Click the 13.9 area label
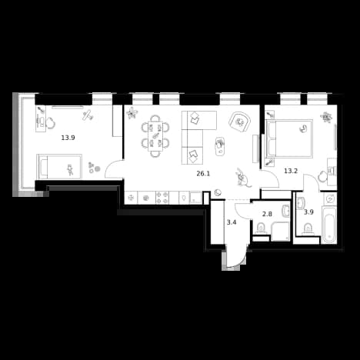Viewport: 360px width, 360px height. (x=68, y=138)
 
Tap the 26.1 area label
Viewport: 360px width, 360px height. (x=203, y=174)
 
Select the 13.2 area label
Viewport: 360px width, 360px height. (x=291, y=171)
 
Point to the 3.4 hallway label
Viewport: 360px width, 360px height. (x=232, y=222)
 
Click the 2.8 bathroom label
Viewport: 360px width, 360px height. (x=267, y=214)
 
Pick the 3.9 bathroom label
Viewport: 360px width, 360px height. (x=308, y=212)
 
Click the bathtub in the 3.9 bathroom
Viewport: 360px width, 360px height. (x=328, y=225)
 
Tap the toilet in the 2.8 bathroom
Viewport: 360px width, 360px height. (x=262, y=228)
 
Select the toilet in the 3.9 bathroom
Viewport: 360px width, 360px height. (x=307, y=229)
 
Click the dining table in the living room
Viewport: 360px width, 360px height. (x=155, y=135)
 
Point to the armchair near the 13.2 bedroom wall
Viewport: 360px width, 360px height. (x=239, y=122)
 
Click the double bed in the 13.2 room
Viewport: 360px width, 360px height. (x=289, y=138)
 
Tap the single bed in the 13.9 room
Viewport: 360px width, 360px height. (x=59, y=166)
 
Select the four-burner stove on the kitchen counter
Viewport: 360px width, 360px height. (x=162, y=198)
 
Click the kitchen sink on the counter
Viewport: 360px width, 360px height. (x=195, y=198)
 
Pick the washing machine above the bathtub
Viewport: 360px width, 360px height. (x=328, y=198)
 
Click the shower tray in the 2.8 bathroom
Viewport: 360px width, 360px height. (x=281, y=232)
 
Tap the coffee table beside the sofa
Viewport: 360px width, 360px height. (x=220, y=145)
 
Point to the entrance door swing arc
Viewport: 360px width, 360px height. (x=237, y=262)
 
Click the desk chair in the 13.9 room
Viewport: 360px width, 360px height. (x=52, y=122)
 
